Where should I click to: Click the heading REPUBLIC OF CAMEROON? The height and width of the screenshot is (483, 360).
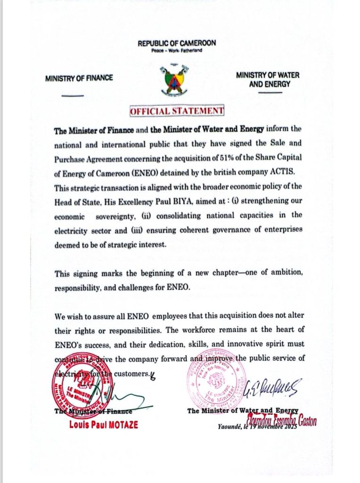point(177,43)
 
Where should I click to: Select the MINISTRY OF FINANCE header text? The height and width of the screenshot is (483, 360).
point(79,77)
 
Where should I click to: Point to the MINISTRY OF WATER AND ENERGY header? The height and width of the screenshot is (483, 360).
point(267,79)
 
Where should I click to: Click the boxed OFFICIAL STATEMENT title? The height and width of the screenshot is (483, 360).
point(177,111)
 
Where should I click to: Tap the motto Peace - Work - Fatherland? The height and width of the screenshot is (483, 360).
point(177,50)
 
